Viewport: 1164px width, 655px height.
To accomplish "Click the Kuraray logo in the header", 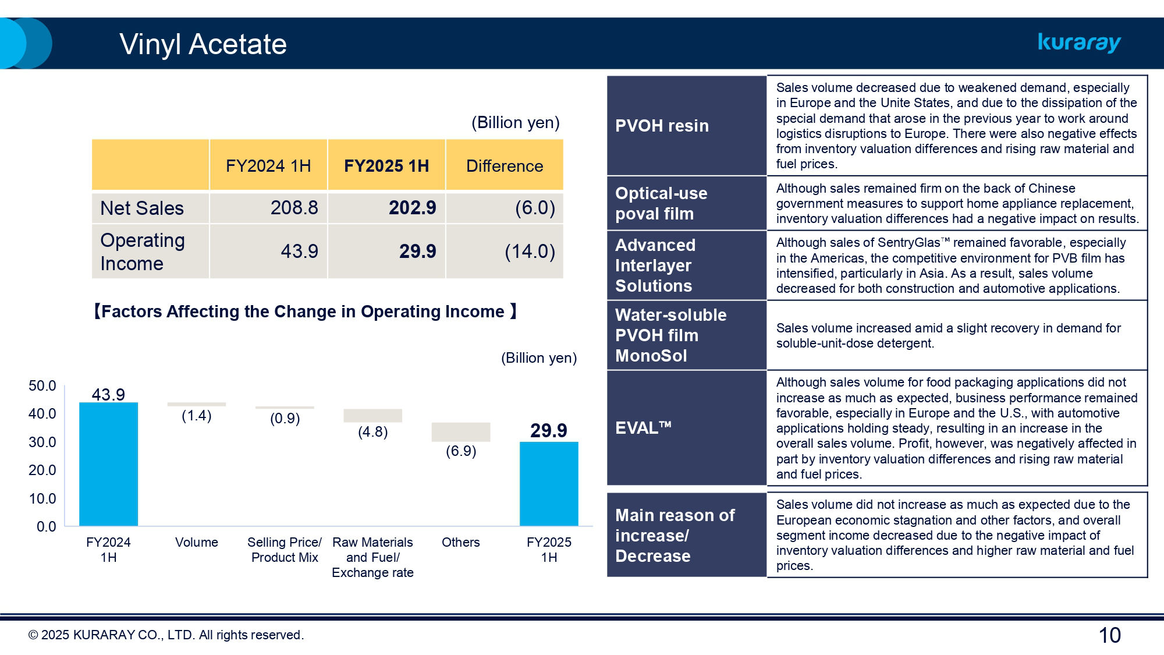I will (1079, 43).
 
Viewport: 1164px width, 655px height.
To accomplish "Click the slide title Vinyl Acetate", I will (203, 44).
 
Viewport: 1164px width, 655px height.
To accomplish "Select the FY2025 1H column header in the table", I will (386, 166).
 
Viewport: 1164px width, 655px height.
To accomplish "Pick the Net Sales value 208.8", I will (294, 208).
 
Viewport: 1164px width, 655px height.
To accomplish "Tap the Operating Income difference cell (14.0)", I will (529, 252).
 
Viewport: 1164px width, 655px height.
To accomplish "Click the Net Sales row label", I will (142, 208).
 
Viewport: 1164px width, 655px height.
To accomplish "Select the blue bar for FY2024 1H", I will (108, 464).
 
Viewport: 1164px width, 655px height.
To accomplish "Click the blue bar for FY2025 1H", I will (549, 484).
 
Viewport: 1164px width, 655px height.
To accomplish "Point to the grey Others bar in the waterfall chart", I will (460, 432).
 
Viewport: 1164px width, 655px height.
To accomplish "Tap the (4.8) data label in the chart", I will (372, 432).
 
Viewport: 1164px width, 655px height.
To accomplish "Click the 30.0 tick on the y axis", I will (42, 442).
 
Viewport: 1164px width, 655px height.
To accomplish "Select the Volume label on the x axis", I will (196, 543).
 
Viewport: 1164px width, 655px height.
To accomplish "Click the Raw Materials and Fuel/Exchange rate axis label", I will (372, 557).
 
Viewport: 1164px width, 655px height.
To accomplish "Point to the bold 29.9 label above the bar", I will (548, 431).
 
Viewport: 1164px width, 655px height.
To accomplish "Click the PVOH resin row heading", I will (662, 126).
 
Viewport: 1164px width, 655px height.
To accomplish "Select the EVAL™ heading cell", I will (643, 428).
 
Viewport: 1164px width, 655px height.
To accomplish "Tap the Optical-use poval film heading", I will (661, 203).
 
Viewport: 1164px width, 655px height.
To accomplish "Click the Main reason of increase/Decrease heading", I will (675, 535).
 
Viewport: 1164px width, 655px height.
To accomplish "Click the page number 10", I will (1109, 635).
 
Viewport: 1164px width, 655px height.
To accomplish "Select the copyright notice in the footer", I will (166, 635).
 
